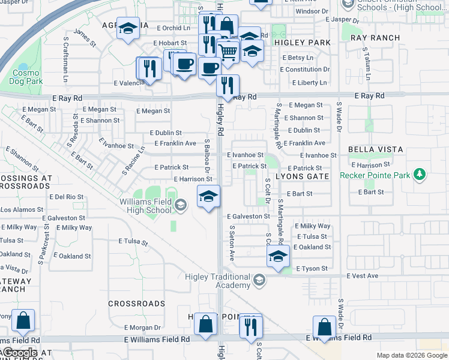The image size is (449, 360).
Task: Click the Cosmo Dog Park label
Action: [26, 77]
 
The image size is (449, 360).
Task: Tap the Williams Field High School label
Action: [145, 206]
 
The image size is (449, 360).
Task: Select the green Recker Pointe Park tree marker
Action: [420, 175]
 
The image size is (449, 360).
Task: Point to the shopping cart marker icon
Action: [228, 53]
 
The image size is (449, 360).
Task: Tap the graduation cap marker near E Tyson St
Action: [278, 256]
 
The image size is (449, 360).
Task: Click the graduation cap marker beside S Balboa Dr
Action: [208, 196]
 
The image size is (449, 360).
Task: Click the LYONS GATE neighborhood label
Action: [303, 176]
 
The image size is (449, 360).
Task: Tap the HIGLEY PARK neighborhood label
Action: [303, 43]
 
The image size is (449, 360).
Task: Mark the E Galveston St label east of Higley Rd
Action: [249, 216]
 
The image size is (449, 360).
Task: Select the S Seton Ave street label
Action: [231, 243]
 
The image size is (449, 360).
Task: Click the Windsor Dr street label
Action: [312, 11]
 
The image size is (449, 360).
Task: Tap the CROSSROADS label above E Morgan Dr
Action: [136, 304]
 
